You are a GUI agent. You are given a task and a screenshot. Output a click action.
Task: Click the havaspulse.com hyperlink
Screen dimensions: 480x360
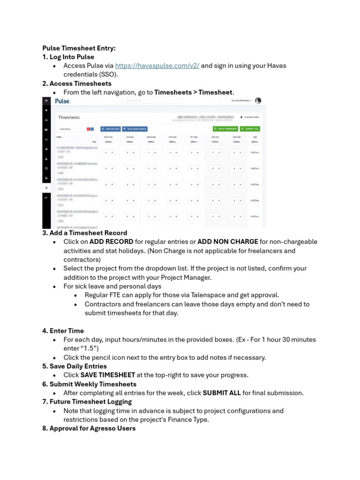[157, 66]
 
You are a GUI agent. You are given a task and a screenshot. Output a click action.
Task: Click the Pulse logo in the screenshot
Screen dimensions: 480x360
[62, 101]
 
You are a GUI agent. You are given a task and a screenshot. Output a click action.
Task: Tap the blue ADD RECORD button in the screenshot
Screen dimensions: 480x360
[111, 128]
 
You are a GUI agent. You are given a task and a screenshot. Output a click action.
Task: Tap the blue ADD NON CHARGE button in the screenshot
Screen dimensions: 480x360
[135, 128]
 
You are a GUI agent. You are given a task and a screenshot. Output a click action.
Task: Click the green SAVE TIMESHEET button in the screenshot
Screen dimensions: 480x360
[225, 128]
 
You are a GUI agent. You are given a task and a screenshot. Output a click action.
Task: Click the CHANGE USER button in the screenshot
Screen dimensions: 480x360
[249, 117]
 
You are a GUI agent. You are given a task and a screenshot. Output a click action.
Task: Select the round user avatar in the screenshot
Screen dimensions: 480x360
[258, 101]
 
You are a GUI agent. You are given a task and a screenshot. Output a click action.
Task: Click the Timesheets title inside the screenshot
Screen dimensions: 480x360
[68, 117]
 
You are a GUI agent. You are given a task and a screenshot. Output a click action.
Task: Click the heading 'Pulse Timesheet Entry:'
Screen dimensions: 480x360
[79, 48]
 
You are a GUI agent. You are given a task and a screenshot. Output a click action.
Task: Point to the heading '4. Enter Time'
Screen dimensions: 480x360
[63, 330]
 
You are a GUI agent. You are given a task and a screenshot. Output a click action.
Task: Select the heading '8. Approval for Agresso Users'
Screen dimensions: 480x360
[89, 428]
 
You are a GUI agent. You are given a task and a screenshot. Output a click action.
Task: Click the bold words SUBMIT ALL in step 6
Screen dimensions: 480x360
[221, 393]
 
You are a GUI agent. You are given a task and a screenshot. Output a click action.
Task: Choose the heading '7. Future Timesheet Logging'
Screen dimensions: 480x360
[87, 402]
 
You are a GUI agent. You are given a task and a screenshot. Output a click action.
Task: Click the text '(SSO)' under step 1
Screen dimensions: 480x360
[108, 75]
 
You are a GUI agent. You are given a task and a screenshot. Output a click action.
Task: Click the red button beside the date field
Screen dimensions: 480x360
[88, 128]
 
